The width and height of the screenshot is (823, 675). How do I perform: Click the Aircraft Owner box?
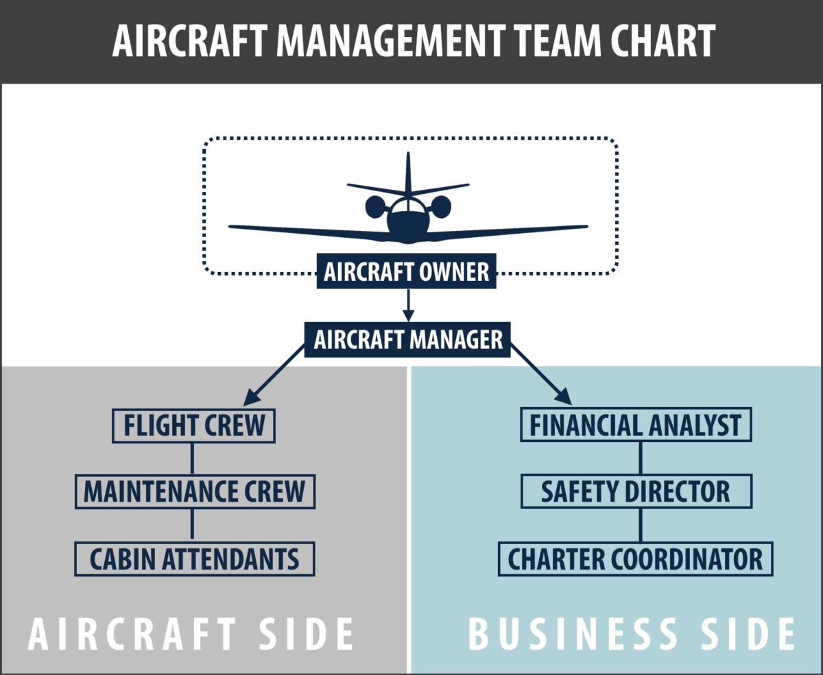point(407,272)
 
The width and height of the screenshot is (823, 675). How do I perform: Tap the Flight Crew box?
point(193,426)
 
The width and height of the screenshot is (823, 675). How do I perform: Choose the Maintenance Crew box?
point(194,491)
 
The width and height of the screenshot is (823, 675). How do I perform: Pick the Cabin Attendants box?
point(194,559)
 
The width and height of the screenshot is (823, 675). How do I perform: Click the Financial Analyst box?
point(636,426)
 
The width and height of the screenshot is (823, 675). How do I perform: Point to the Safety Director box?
point(636,491)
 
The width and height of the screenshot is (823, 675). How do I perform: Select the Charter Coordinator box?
point(635,559)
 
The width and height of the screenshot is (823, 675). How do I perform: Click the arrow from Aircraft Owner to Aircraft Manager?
point(408,305)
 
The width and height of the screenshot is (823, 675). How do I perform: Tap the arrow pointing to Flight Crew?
point(274,373)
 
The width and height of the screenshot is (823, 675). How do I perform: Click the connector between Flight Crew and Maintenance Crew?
point(192,458)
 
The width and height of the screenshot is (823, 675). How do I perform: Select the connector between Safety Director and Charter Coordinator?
point(641,526)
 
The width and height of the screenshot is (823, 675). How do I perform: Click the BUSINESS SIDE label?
point(632,635)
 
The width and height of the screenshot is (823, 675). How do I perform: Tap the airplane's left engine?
point(375,206)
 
